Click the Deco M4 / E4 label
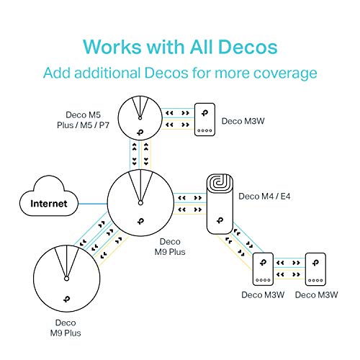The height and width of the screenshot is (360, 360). (x=261, y=196)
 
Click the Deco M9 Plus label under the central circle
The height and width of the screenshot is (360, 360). (x=171, y=247)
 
